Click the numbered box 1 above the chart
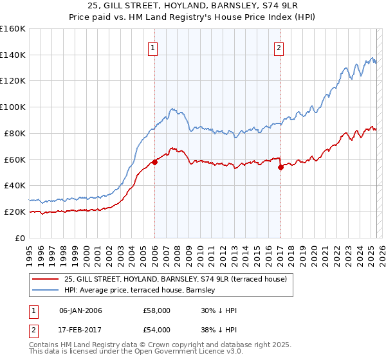(x=154, y=48)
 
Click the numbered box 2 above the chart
(x=279, y=48)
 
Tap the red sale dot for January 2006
(x=154, y=162)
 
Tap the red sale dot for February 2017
(x=280, y=167)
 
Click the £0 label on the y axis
(x=20, y=238)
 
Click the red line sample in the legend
(x=45, y=278)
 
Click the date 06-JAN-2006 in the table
(x=80, y=310)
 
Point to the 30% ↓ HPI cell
(x=219, y=310)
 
